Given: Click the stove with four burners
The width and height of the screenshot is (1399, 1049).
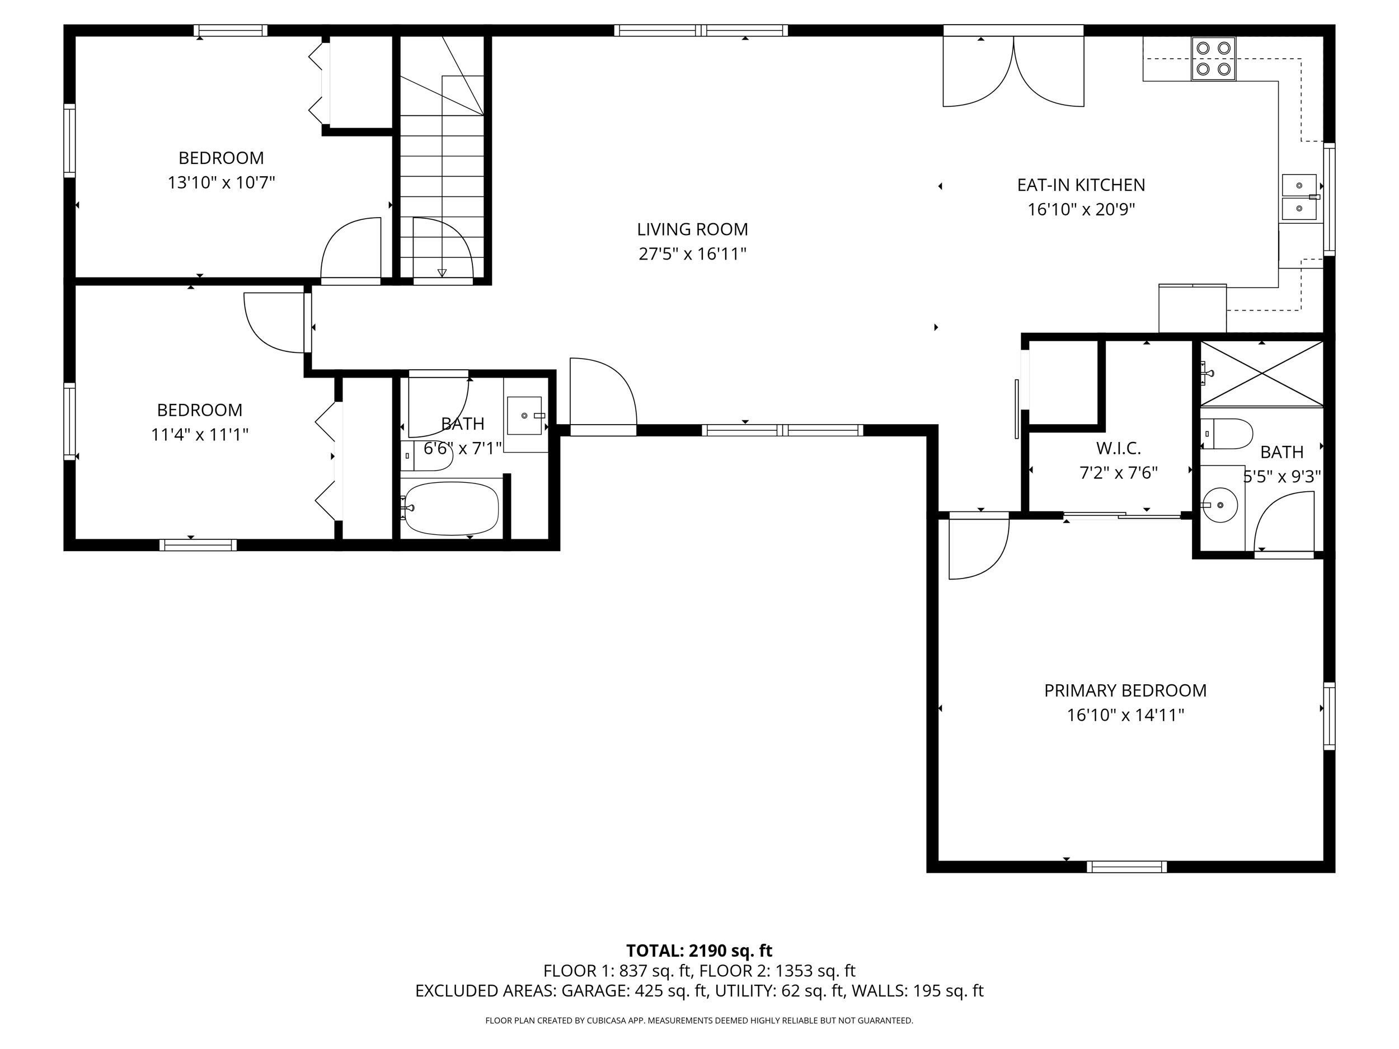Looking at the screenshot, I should point(1213,58).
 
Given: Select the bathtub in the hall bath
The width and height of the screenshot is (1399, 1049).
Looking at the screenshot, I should point(452,508).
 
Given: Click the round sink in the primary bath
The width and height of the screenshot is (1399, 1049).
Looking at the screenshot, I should point(1218,505).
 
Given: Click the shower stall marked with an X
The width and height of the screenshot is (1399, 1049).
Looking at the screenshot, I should point(1261,373).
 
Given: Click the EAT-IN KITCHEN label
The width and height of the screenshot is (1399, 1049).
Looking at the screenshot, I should point(1081,185).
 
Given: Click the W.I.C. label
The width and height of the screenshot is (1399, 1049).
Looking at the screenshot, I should point(1118,448).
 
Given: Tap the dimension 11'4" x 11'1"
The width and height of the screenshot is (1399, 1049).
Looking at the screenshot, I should point(199,435).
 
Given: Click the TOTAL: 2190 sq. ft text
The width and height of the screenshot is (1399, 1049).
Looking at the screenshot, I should point(699,951).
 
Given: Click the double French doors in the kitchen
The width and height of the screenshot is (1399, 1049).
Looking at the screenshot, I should point(1013,73).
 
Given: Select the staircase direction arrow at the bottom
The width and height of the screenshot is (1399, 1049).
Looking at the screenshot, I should point(442,272).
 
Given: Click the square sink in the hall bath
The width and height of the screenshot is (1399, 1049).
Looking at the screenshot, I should point(525,416).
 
